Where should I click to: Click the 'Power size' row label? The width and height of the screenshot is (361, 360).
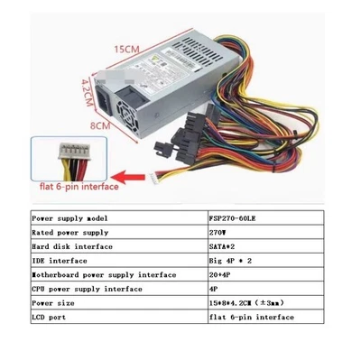53,302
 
